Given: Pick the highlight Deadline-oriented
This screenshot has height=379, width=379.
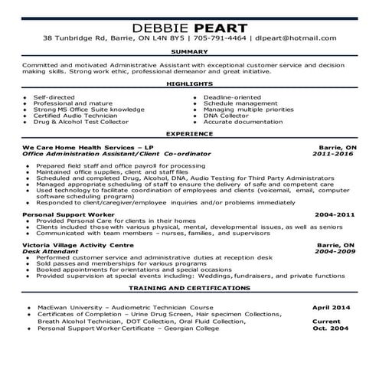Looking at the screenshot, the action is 234,97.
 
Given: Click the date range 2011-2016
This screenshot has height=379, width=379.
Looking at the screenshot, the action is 335,153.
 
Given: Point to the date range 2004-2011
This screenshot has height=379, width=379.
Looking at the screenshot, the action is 335,216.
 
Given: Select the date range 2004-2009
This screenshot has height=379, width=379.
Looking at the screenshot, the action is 335,250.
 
